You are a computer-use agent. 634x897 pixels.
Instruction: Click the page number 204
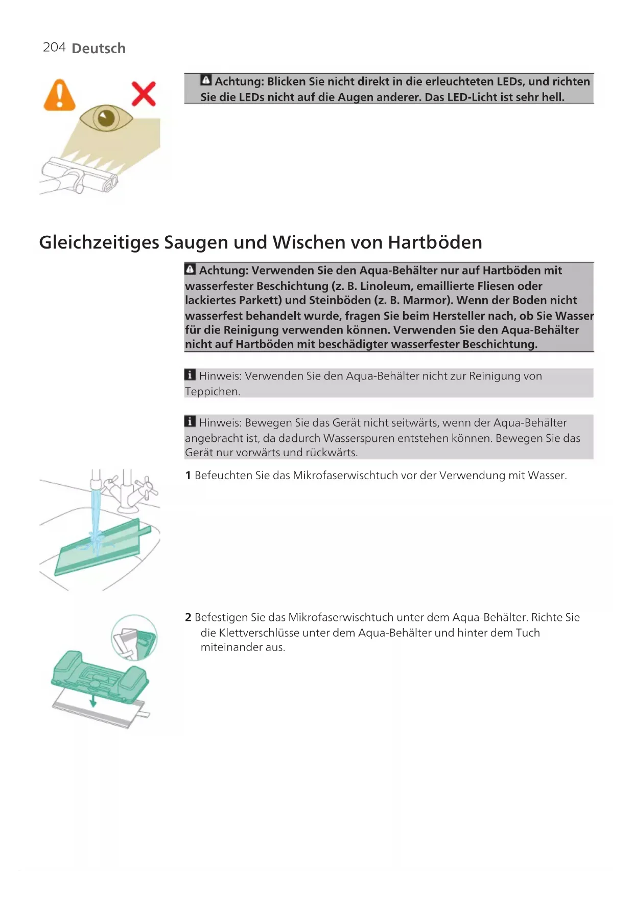[54, 48]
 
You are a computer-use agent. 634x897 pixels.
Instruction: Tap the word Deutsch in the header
[99, 49]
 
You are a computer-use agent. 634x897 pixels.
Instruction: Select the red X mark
[144, 94]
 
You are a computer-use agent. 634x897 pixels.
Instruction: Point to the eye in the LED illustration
[106, 118]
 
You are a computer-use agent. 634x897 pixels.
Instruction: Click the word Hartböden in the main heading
[435, 242]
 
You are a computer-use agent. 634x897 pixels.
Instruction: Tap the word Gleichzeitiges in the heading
[99, 243]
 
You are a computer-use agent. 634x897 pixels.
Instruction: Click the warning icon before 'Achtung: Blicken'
[206, 80]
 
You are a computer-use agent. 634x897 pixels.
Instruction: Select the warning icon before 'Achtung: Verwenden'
[190, 269]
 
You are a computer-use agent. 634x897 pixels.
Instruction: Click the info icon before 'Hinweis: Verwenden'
[190, 375]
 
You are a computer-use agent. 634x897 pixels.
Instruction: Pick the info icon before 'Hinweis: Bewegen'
[190, 422]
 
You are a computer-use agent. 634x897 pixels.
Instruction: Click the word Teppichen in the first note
[212, 392]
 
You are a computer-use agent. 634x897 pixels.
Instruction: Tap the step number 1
[188, 476]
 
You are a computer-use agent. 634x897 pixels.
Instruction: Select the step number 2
[188, 618]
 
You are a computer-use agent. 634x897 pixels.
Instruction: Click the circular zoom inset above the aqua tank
[134, 637]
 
